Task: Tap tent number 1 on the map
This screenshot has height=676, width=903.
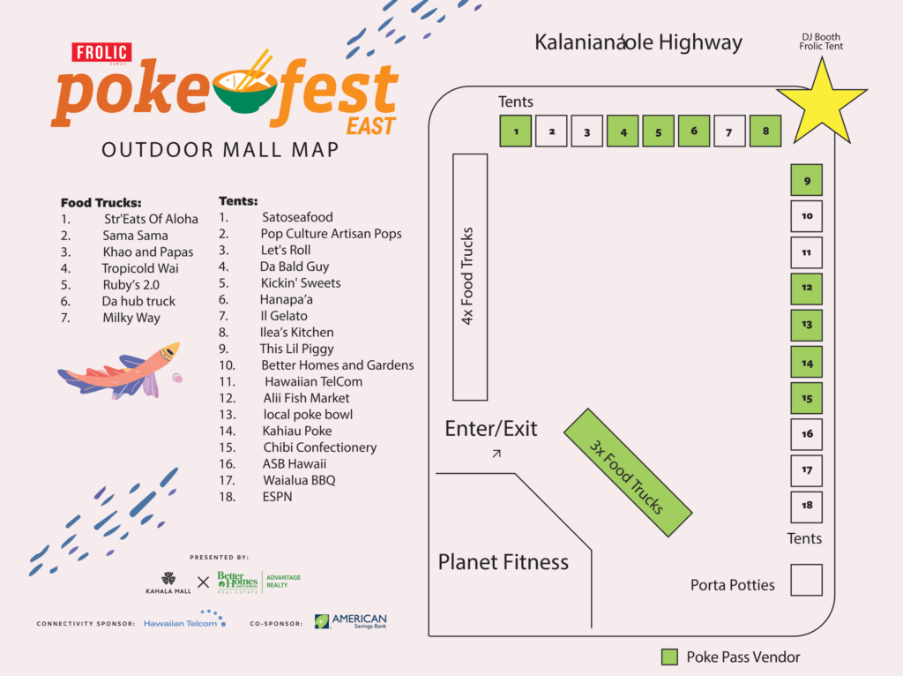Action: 516,131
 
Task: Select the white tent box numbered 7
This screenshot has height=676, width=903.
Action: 729,131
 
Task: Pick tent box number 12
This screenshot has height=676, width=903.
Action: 806,289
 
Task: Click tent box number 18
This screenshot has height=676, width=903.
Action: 806,507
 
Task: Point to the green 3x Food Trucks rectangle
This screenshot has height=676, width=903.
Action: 626,473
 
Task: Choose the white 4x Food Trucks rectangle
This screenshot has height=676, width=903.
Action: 470,277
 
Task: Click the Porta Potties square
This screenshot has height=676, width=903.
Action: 806,581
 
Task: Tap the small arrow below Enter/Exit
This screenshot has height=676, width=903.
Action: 496,454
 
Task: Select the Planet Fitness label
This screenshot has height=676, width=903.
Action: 504,562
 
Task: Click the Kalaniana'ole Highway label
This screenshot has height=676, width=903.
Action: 638,42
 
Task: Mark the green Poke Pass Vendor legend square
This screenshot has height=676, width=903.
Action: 670,657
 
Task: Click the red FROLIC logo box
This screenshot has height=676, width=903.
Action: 101,53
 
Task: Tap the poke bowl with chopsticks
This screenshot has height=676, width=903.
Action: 246,91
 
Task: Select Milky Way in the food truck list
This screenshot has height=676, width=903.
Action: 131,318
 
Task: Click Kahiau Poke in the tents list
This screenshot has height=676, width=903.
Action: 297,431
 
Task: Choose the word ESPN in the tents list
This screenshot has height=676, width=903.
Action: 277,497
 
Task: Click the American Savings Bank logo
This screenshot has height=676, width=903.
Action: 351,621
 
